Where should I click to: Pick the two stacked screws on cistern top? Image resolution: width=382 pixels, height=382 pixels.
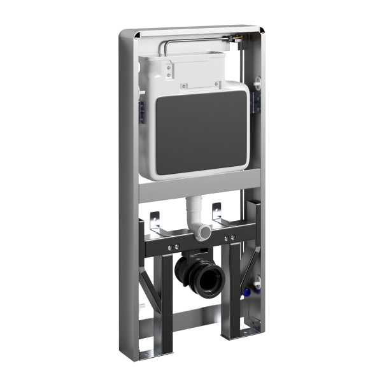tap(169, 70)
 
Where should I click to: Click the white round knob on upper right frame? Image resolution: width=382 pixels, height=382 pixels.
tap(258, 82)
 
